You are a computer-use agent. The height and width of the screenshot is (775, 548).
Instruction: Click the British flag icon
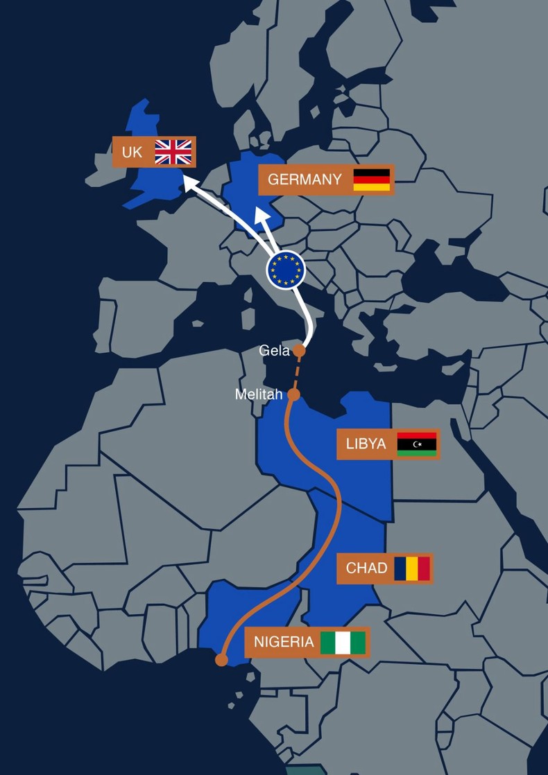click(173, 152)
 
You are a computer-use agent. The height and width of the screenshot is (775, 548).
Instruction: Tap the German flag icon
click(372, 180)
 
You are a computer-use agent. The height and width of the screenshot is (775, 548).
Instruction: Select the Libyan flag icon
click(416, 444)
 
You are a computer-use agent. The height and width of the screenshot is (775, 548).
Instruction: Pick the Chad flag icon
click(413, 568)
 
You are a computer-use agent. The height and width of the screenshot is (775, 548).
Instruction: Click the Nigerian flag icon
click(343, 642)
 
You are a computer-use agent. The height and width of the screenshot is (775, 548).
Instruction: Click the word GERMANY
click(305, 180)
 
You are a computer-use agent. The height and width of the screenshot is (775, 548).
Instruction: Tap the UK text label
click(132, 152)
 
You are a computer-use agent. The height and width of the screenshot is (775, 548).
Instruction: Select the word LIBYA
click(366, 444)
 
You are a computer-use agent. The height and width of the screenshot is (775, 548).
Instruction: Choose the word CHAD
click(366, 568)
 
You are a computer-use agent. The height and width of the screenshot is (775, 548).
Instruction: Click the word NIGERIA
click(284, 642)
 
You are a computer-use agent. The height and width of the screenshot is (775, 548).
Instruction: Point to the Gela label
click(274, 351)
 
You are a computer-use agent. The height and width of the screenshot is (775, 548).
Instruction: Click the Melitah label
click(259, 394)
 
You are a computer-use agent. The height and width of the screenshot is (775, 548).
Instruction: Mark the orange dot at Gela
click(299, 351)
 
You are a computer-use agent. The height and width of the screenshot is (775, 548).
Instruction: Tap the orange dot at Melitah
click(293, 395)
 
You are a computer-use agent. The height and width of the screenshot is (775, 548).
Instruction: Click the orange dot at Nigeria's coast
click(221, 659)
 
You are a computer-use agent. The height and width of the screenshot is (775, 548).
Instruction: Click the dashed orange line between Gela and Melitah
click(296, 373)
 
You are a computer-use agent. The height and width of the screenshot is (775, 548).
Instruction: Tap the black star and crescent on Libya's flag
click(417, 444)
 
